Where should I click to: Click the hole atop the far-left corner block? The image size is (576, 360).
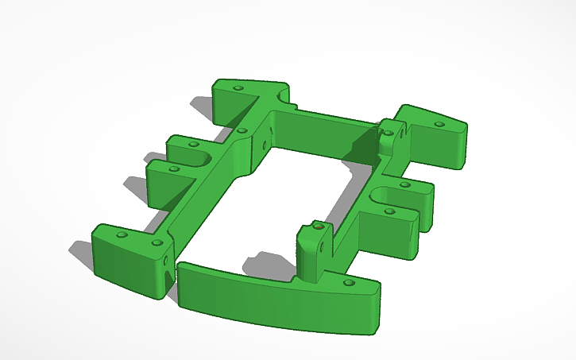coord(239,89)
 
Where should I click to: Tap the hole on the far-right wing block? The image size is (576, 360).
coord(439,125)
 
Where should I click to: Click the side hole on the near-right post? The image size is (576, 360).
coord(322,247)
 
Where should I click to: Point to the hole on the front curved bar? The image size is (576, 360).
coord(346,282)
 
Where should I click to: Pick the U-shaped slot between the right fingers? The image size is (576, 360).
coord(387,195)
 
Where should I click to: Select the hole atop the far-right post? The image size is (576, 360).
coord(386,124)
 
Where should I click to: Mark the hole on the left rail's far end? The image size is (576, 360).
coord(242,130)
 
